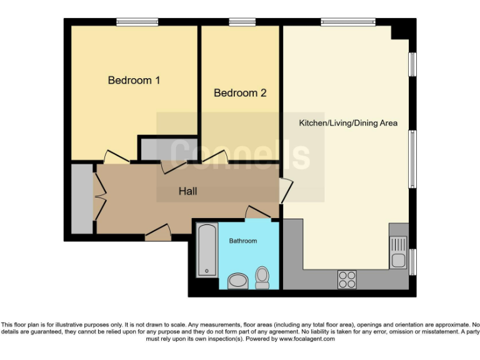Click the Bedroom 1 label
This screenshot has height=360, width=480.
coord(134,80)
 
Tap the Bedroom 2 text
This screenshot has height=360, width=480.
coord(240,93)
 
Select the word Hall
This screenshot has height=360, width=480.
coord(187,191)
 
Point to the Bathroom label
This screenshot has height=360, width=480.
coord(242,241)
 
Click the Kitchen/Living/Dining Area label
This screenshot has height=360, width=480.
coord(347,123)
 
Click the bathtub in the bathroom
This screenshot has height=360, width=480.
coord(206,251)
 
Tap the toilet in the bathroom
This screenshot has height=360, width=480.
coord(262,277)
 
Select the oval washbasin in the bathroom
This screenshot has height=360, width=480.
coord(237,281)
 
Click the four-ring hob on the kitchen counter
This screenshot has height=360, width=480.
coord(347,279)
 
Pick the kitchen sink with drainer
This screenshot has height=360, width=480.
coord(397,252)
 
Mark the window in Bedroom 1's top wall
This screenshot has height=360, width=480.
coord(136,22)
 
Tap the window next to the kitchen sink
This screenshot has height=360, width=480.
coord(412,261)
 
